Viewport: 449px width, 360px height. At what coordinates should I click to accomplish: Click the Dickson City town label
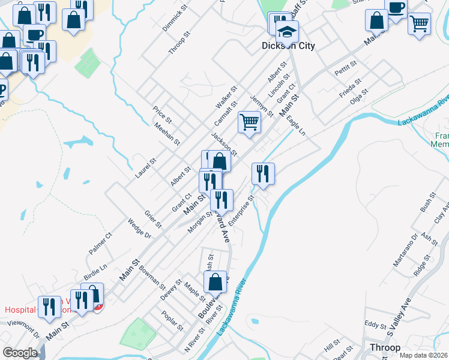point(288,46)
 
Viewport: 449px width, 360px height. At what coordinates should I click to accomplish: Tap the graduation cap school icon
point(287,32)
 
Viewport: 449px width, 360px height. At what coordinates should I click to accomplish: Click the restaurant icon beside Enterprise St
point(263,174)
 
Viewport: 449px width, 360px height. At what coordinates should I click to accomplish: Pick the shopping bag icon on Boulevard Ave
point(215,282)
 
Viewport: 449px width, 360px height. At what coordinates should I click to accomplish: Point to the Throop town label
point(385,347)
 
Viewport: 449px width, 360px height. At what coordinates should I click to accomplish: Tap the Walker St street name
point(227,96)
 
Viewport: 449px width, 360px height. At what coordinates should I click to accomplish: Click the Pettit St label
point(346,68)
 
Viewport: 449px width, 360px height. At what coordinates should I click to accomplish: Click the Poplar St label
point(172,320)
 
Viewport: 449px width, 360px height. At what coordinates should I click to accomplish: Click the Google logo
point(20,353)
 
